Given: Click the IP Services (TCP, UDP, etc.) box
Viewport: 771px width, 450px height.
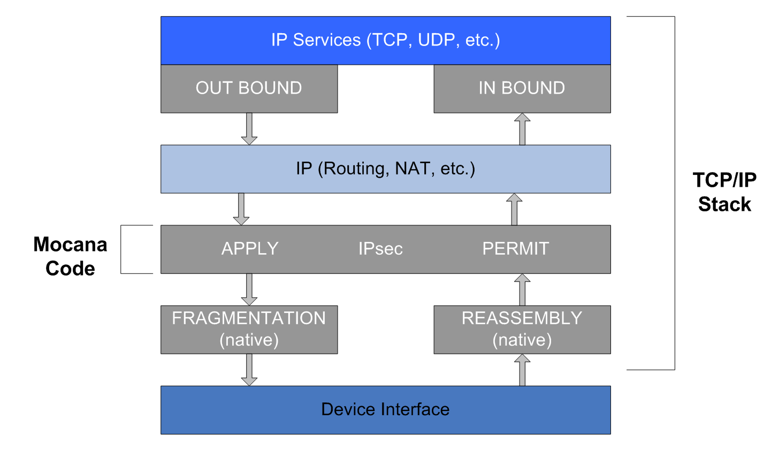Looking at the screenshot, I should [385, 41].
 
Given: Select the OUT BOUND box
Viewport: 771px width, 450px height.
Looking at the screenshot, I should [249, 88].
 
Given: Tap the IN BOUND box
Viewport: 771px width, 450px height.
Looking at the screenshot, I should [522, 88].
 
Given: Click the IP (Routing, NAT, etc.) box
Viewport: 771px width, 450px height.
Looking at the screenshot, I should [385, 169].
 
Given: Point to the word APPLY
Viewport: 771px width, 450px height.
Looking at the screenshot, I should [250, 249].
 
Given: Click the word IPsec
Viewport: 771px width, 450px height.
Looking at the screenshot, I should [380, 249].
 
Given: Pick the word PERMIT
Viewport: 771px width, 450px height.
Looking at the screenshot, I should [515, 249].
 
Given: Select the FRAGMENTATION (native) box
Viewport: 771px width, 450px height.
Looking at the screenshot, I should [249, 329].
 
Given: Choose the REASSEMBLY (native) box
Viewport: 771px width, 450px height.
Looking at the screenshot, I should [522, 329].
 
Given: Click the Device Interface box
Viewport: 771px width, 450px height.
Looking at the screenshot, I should [385, 410].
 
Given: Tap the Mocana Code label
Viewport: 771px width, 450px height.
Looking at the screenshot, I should [70, 256].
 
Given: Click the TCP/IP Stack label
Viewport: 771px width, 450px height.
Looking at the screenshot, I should [724, 192].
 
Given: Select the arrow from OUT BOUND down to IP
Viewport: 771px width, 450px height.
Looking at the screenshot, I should [249, 129].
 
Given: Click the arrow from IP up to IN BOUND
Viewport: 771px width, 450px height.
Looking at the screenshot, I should [522, 129].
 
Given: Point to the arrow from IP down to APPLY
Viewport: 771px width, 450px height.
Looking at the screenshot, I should [241, 209].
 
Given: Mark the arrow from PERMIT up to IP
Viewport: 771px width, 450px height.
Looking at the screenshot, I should [514, 209].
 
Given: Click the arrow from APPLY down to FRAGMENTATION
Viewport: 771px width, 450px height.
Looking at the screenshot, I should [249, 289].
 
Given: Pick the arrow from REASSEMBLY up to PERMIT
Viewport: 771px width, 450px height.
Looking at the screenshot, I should [522, 289].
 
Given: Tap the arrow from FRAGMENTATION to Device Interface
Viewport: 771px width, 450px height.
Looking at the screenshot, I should [249, 370].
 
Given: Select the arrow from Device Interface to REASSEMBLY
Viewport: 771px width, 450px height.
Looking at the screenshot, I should [522, 370].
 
